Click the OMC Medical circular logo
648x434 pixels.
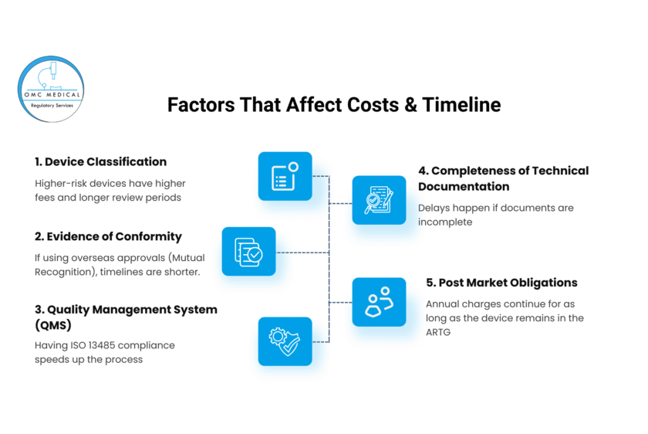click(x=51, y=89)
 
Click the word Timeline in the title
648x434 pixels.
click(x=461, y=105)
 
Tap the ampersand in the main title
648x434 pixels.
click(x=410, y=105)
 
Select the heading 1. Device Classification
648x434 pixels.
click(x=100, y=161)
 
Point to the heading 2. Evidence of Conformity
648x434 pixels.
click(x=108, y=236)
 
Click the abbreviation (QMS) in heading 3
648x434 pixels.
click(x=53, y=325)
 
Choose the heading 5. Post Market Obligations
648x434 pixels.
click(x=501, y=283)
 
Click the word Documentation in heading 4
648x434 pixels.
click(x=464, y=187)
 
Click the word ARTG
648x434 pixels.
click(x=438, y=332)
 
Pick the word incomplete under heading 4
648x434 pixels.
click(x=445, y=222)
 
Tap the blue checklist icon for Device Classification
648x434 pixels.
click(x=285, y=176)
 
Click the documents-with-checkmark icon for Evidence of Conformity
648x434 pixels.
click(x=248, y=252)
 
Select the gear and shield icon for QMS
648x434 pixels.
click(x=285, y=341)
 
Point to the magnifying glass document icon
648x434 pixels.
click(x=379, y=200)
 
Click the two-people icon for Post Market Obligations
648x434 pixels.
click(x=379, y=302)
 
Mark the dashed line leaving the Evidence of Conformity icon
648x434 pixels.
click(x=302, y=253)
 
